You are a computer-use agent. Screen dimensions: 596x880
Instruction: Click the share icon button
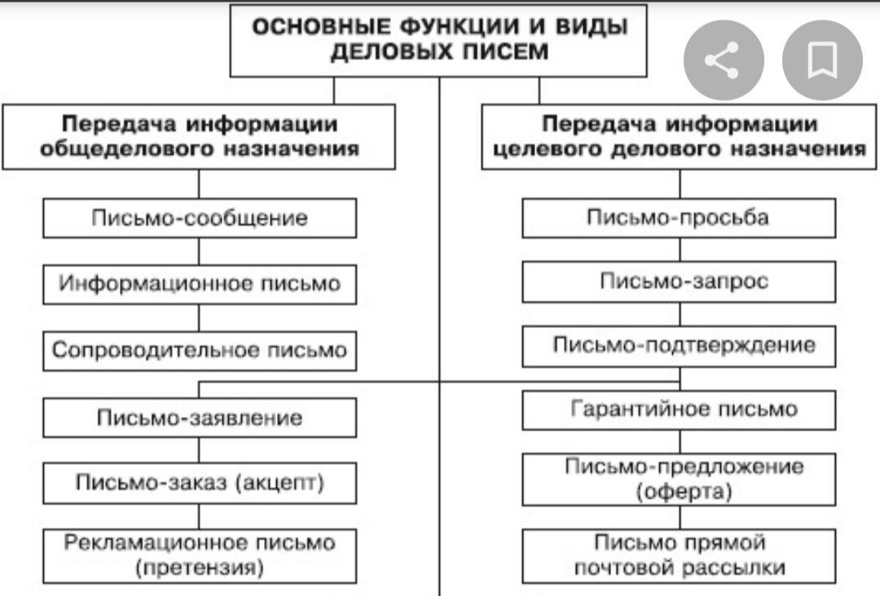tap(723, 61)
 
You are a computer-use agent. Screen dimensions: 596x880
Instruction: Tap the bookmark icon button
tap(822, 61)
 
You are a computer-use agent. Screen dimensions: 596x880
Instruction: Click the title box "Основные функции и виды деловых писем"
tap(439, 39)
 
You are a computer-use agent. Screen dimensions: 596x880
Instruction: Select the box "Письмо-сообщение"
tap(200, 218)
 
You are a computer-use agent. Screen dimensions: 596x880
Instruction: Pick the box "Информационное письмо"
tap(200, 284)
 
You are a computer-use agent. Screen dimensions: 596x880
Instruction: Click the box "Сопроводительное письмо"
tap(200, 351)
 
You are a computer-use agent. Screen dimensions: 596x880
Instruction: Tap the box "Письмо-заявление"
tap(200, 418)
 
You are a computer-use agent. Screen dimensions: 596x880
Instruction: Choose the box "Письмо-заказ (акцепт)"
tap(200, 483)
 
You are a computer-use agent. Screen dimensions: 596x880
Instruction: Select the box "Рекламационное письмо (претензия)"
tap(200, 555)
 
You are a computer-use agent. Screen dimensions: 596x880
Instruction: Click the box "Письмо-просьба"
tap(679, 218)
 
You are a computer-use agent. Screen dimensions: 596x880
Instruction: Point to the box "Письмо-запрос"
tap(679, 281)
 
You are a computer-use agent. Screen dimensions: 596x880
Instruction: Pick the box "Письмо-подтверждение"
tap(679, 345)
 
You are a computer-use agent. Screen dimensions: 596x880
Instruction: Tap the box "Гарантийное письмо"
tap(679, 409)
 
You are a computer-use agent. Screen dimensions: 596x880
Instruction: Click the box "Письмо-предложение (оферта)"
tap(679, 479)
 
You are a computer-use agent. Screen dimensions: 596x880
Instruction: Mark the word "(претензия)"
tap(200, 568)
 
